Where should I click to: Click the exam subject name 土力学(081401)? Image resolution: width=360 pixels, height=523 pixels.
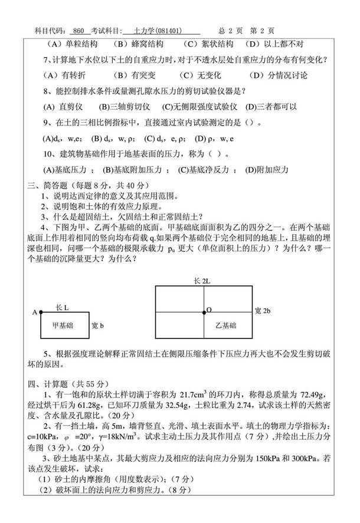pos(156,31)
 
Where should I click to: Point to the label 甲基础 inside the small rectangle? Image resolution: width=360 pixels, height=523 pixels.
pos(63,324)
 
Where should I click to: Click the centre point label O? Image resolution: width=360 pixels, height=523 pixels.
pos(210,309)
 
